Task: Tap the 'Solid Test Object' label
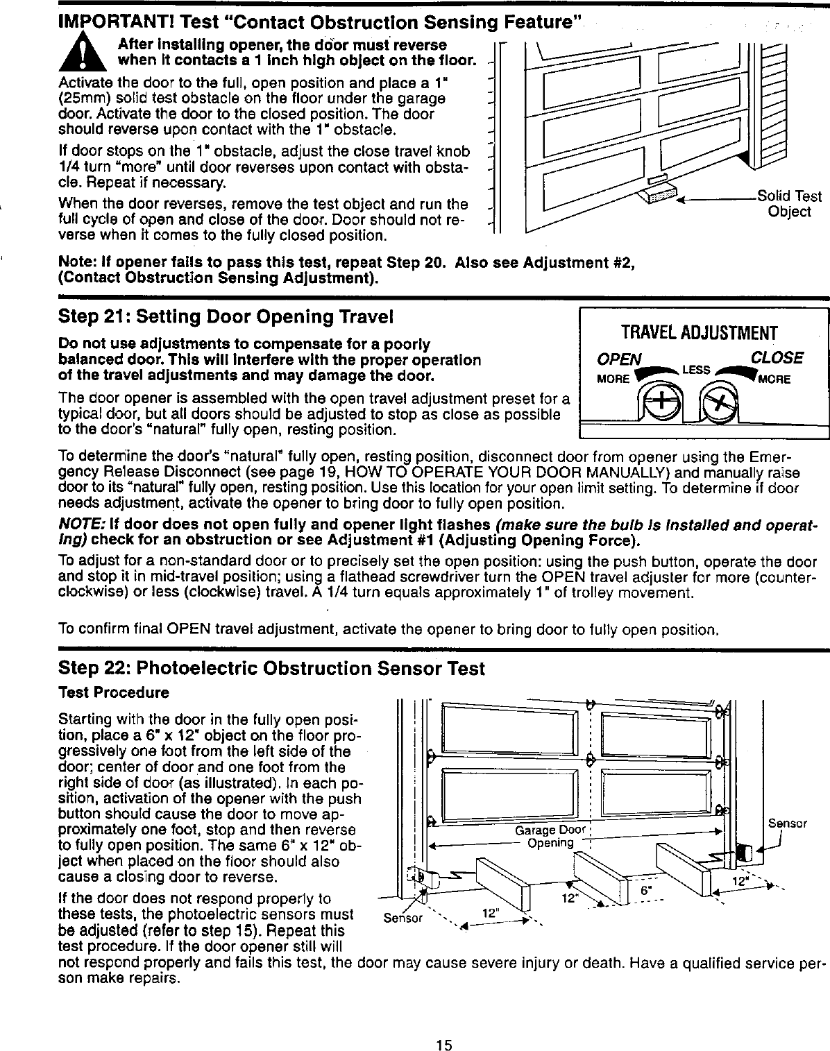[x=789, y=204]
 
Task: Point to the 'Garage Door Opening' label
[x=551, y=837]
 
